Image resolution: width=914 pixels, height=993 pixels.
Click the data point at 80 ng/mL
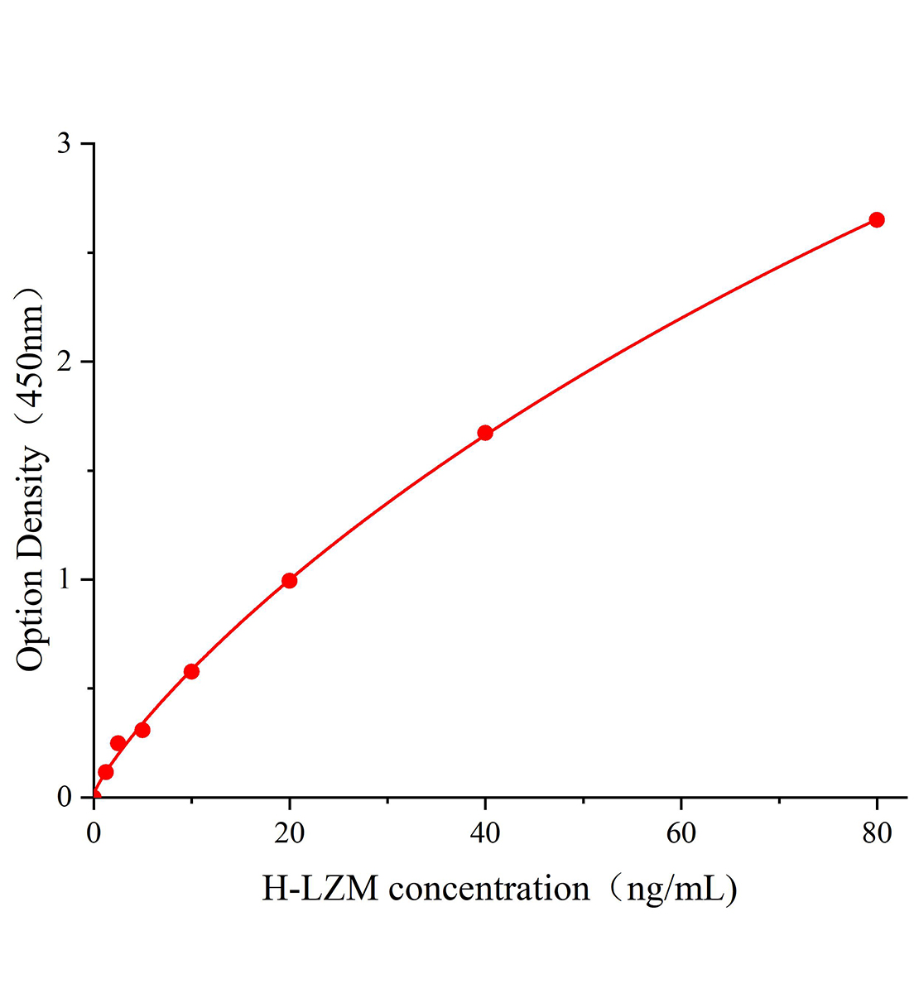876,220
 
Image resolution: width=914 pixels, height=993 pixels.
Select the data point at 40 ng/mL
485,433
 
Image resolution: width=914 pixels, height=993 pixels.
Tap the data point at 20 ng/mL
289,580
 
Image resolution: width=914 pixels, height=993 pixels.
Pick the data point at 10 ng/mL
191,671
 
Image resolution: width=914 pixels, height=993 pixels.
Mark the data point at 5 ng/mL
142,730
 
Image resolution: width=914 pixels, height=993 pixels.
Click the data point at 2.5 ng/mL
118,743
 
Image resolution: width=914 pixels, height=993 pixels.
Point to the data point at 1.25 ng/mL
106,772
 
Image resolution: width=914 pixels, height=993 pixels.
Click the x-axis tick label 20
289,832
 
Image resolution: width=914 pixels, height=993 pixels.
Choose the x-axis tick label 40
485,832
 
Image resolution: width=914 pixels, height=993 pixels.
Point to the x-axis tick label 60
681,832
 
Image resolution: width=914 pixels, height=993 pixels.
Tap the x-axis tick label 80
876,832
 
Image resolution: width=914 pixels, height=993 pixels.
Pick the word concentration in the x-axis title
489,889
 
